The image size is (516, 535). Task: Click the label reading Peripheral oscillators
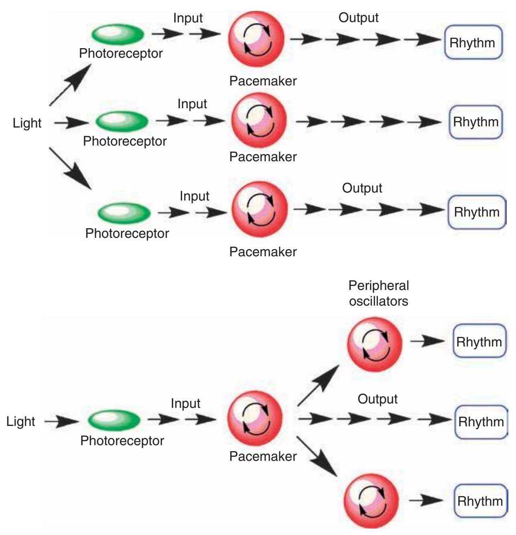(378, 293)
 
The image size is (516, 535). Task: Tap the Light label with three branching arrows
(27, 123)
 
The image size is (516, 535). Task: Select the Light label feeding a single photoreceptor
(21, 421)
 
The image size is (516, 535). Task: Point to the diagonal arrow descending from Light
(70, 168)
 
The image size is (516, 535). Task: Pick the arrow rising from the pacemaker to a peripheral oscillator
(318, 386)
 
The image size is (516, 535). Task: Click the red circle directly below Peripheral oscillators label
(375, 344)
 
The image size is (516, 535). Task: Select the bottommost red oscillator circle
(371, 501)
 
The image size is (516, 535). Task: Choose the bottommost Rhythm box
(480, 501)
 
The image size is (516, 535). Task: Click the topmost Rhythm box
(473, 43)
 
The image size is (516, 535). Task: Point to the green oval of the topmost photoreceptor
(118, 34)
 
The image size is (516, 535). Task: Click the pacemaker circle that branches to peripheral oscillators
(255, 418)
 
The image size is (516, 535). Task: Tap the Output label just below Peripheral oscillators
(377, 399)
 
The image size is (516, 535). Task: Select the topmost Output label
(358, 18)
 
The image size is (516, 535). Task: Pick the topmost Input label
(188, 18)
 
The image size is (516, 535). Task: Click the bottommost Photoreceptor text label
(122, 441)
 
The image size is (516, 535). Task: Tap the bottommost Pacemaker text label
(263, 456)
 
